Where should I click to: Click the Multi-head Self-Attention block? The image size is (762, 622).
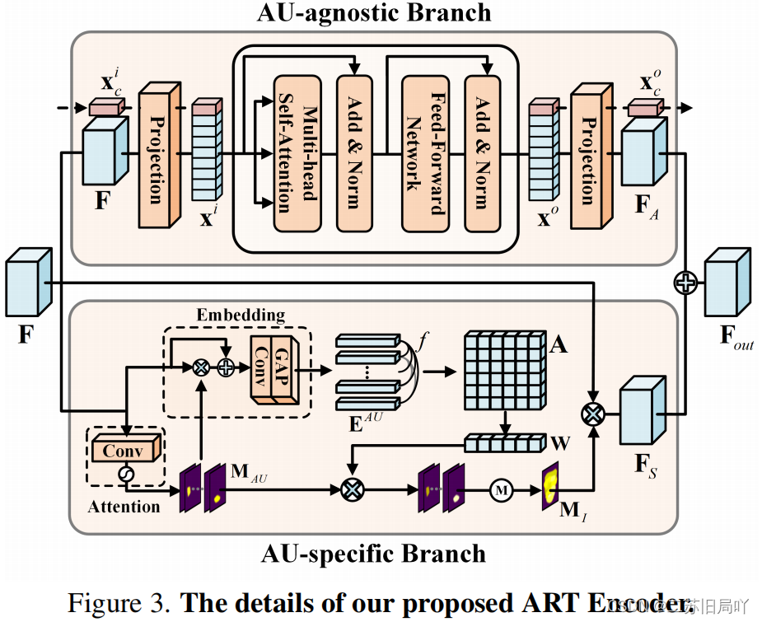297,153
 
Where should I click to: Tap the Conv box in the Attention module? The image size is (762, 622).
123,451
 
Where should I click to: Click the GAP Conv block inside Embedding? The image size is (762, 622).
273,369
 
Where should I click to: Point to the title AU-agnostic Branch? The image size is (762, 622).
374,13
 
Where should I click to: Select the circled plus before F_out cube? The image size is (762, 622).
685,283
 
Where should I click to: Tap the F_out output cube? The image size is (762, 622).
727,283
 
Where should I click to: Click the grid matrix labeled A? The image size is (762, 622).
504,368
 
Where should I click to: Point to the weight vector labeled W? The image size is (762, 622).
504,443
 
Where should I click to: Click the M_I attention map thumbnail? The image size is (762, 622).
550,487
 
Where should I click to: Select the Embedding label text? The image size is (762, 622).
241,315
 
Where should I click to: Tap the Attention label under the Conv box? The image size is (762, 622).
124,506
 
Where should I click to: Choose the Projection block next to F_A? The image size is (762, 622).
588,155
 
